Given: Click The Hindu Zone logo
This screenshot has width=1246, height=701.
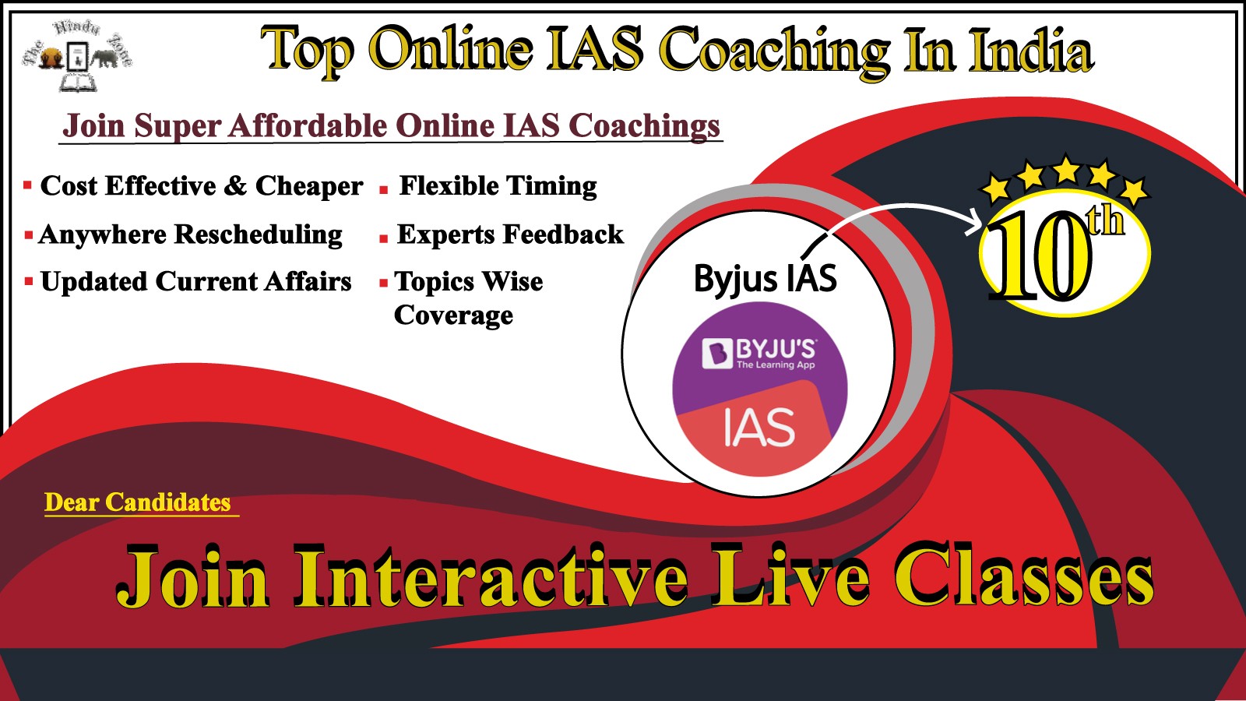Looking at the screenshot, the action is click(x=77, y=55).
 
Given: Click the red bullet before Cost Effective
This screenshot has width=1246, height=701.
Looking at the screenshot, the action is click(x=28, y=185).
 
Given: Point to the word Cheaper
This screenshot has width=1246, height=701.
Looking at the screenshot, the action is click(x=309, y=186).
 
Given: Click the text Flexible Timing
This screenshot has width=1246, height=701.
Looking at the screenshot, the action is click(x=498, y=186).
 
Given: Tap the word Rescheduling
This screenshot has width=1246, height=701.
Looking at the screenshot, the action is click(x=259, y=234).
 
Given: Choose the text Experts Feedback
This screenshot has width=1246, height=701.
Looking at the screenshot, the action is click(x=510, y=234).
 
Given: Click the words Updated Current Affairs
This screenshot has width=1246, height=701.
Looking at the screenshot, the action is click(x=195, y=281).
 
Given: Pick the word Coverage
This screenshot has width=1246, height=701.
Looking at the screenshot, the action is click(x=453, y=315).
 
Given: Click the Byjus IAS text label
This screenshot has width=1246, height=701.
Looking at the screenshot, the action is click(x=766, y=279).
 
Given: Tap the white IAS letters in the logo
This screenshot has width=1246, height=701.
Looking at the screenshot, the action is click(x=759, y=427).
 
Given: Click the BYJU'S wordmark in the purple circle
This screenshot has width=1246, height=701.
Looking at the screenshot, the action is click(x=776, y=349).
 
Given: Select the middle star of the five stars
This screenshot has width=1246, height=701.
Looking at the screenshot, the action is click(x=1066, y=170).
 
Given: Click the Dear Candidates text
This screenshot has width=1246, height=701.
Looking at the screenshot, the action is click(x=137, y=502).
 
